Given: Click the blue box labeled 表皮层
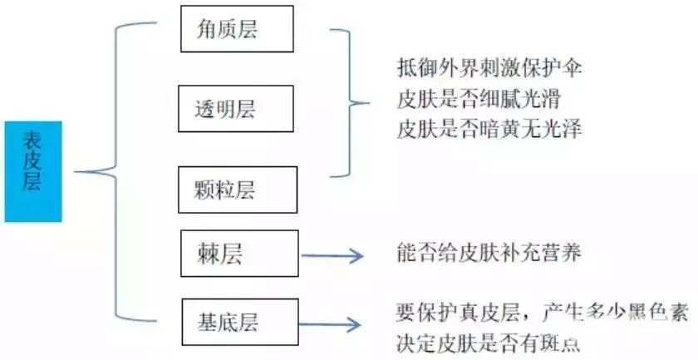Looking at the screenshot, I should pos(33,171).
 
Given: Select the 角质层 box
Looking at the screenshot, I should pos(237,29).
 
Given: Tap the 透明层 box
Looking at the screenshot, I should pos(238,108).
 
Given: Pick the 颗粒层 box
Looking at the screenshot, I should pos(237,190).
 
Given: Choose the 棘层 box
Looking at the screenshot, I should pos(240,254).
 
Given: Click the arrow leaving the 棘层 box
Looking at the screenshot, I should pos(332,256).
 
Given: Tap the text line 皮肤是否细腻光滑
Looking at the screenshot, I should pos(479,99).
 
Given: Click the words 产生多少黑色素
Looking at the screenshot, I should pos(616,313).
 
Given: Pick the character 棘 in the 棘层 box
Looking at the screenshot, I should pos(209,254).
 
